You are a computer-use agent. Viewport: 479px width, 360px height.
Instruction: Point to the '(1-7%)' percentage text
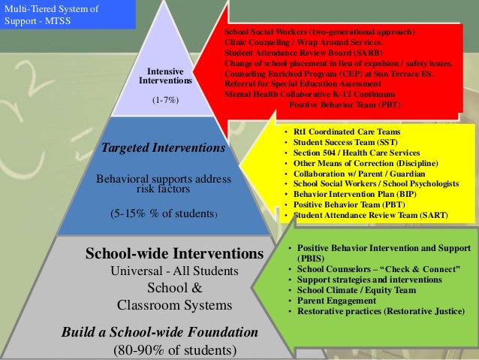click(x=164, y=99)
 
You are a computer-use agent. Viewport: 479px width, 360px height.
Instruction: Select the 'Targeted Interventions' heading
click(x=163, y=148)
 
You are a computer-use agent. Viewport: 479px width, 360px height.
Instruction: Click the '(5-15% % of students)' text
click(x=164, y=213)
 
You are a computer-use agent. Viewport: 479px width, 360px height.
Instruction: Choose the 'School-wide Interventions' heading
click(x=174, y=254)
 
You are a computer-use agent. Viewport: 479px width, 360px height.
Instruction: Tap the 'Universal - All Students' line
click(x=174, y=271)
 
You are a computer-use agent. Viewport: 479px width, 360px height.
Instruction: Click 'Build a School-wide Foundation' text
click(x=161, y=331)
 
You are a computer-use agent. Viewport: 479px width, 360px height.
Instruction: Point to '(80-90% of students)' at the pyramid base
click(x=174, y=349)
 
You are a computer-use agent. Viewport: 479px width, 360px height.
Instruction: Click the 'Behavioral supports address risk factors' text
click(x=163, y=184)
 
